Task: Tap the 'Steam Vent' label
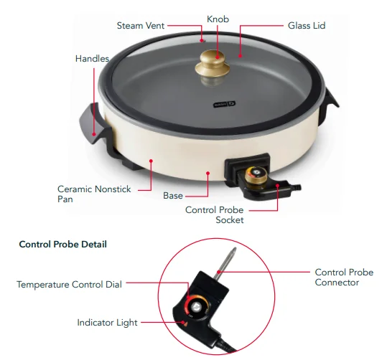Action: tap(141, 26)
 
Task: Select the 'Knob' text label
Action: tap(218, 19)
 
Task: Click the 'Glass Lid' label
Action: tap(307, 26)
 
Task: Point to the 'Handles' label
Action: tap(93, 58)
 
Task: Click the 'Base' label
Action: tap(173, 195)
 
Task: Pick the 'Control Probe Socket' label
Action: tap(215, 215)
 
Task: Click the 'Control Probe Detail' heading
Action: tap(62, 245)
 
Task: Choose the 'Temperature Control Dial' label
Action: tap(69, 285)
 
